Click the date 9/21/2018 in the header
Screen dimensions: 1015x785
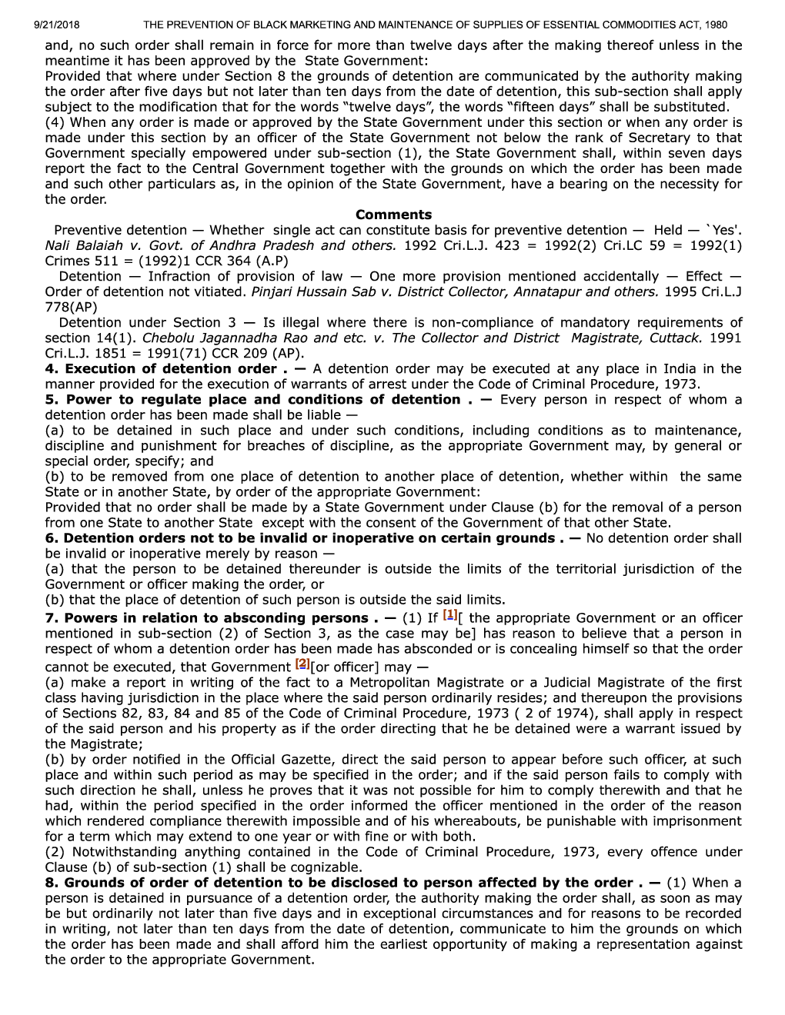(58, 25)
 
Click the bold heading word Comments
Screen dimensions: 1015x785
(393, 215)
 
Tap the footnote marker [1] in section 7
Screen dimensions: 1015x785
(451, 615)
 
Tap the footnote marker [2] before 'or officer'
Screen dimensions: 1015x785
(302, 664)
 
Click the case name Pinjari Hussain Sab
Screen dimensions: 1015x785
(319, 291)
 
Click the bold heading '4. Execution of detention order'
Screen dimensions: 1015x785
(160, 368)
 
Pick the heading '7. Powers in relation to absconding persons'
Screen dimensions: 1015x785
(206, 618)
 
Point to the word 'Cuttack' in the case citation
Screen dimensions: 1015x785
(675, 338)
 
